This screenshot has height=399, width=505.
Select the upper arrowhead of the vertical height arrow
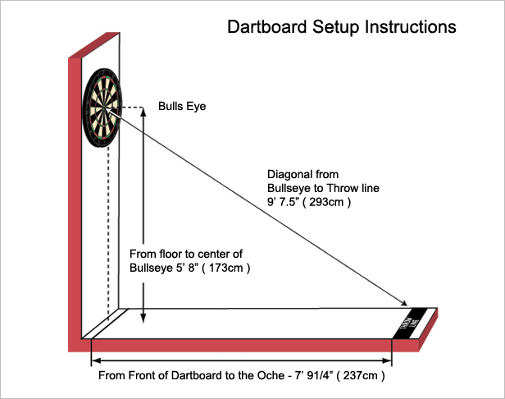[143, 113]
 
